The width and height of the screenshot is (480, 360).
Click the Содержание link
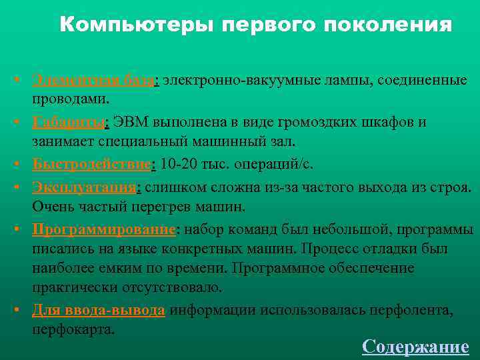pyautogui.click(x=415, y=347)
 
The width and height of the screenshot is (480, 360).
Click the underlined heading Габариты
pyautogui.click(x=69, y=123)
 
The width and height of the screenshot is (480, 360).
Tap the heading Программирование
pyautogui.click(x=103, y=229)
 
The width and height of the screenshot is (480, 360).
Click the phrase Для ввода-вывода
pyautogui.click(x=98, y=311)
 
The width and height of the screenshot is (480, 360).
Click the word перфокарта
pyautogui.click(x=73, y=329)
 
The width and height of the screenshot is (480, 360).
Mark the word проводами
pyautogui.click(x=71, y=99)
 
